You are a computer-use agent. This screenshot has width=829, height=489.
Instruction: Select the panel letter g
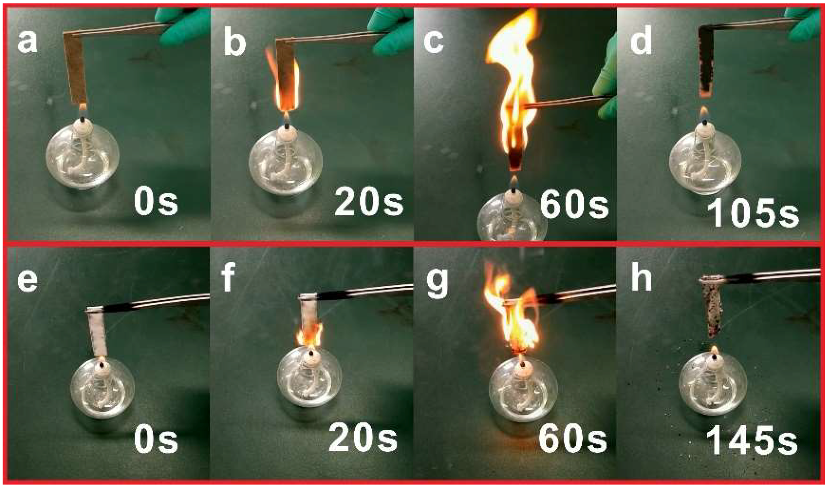pyautogui.click(x=436, y=285)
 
